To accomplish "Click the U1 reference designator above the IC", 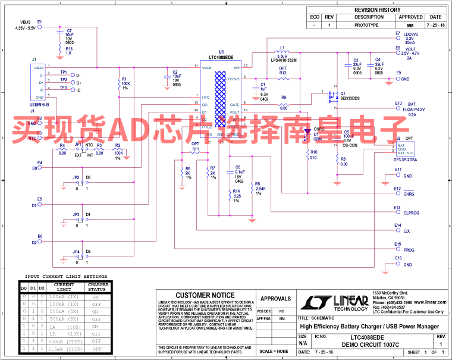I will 221,52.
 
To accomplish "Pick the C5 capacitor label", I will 346,132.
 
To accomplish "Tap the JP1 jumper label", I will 78,145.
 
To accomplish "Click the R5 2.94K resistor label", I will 258,184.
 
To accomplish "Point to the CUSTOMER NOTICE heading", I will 205,295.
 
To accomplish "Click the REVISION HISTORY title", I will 377,10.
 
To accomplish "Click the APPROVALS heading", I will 276,299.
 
